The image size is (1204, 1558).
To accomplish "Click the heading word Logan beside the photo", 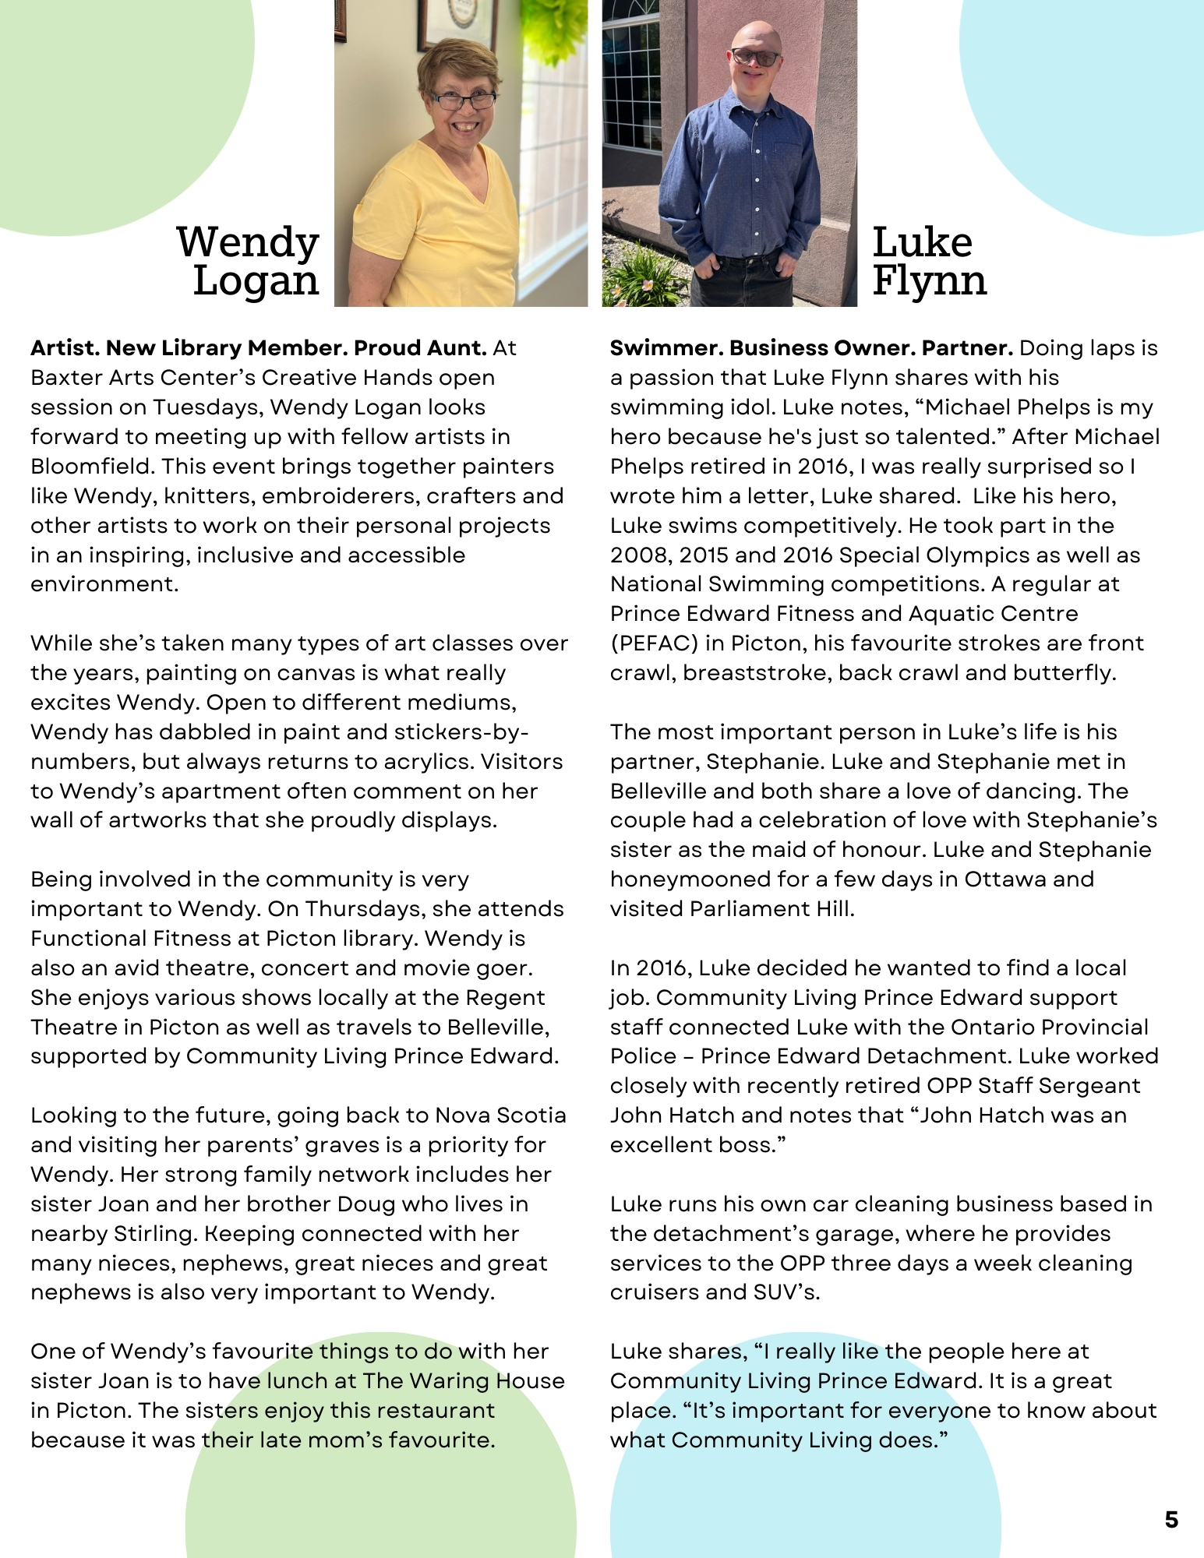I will [256, 281].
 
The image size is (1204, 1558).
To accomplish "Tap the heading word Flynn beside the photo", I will [929, 281].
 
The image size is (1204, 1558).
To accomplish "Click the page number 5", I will [1171, 1520].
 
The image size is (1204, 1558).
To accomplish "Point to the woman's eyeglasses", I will [464, 100].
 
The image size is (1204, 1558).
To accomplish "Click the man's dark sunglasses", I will [756, 58].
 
